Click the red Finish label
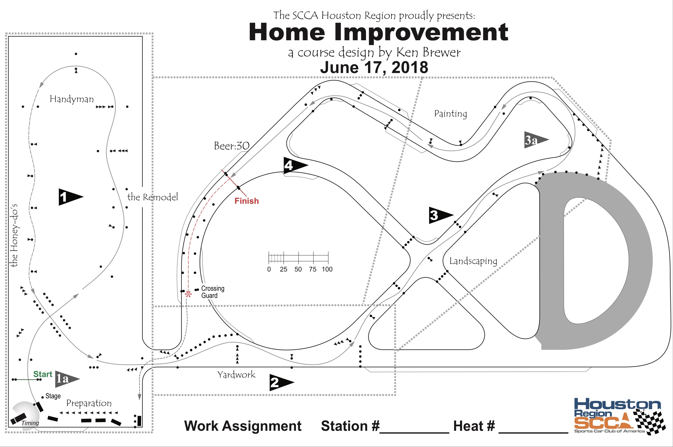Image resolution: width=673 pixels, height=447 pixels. pyautogui.click(x=246, y=201)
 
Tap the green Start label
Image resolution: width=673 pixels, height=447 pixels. pyautogui.click(x=43, y=374)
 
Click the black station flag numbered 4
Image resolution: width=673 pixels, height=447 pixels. pyautogui.click(x=293, y=165)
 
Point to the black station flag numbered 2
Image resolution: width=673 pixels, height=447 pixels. pyautogui.click(x=280, y=382)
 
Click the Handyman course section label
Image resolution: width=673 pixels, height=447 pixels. pyautogui.click(x=72, y=99)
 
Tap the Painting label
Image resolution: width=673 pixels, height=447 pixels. pyautogui.click(x=450, y=114)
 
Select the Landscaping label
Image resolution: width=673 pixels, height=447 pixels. pyautogui.click(x=473, y=261)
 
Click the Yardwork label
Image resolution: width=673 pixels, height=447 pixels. pyautogui.click(x=236, y=375)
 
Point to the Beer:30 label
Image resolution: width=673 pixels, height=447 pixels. pyautogui.click(x=232, y=146)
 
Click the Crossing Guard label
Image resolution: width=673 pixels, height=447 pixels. pyautogui.click(x=212, y=292)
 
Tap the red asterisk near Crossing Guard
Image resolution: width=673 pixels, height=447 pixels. pyautogui.click(x=188, y=294)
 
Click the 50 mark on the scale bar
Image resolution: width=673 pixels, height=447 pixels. pyautogui.click(x=298, y=269)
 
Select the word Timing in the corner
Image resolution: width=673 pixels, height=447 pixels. pyautogui.click(x=30, y=423)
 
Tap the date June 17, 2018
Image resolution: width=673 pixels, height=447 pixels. pyautogui.click(x=374, y=68)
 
